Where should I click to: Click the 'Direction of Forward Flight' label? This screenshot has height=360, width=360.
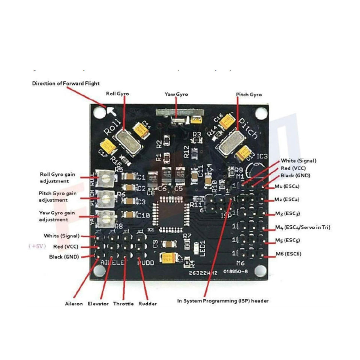click(x=66, y=83)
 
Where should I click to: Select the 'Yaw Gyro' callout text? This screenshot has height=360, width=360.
click(x=176, y=94)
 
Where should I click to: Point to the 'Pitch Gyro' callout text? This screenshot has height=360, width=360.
click(x=249, y=94)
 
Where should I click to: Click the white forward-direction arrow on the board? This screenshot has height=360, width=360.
click(x=111, y=111)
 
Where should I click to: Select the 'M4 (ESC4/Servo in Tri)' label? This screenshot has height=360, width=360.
click(x=302, y=227)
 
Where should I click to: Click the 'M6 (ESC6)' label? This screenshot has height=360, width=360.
click(x=288, y=254)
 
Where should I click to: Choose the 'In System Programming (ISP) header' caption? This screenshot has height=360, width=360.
click(x=223, y=301)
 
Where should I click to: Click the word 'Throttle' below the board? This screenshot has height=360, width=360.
click(x=123, y=304)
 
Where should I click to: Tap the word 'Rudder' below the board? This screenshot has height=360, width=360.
click(x=148, y=304)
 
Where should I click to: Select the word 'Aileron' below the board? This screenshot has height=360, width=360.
click(x=74, y=304)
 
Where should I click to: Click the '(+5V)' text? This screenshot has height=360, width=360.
click(x=37, y=247)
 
